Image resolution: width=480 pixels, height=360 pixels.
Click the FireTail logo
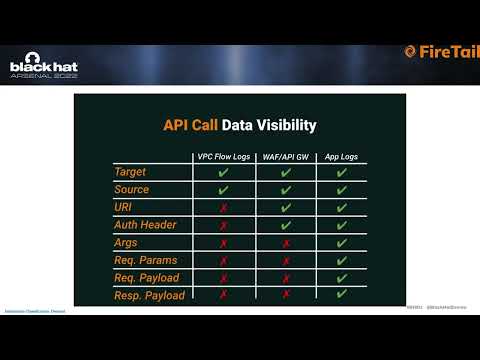pos(440,52)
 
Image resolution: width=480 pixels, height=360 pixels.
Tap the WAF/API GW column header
pos(286,157)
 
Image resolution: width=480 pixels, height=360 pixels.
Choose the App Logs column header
pos(342,157)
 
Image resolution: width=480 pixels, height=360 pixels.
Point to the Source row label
pos(132,190)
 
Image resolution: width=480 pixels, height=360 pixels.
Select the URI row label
pos(124,207)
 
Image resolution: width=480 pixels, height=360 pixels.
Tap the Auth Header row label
pos(146,225)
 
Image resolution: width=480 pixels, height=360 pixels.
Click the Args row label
pos(126,243)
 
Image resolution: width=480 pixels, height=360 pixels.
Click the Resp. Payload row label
pos(151,296)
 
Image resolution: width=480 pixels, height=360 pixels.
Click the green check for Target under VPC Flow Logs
pos(223,172)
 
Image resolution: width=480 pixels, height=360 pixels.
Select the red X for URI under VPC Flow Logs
pos(223,208)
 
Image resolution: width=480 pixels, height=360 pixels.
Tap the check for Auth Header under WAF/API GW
pos(286,225)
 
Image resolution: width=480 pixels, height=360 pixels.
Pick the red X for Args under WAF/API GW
pos(286,243)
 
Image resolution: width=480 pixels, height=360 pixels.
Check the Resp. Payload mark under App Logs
pos(342,295)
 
